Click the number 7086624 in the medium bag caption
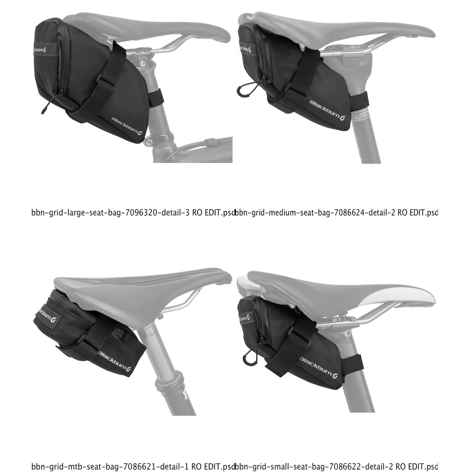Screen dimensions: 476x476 (349, 213)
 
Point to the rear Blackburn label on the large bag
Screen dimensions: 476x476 (40, 50)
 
